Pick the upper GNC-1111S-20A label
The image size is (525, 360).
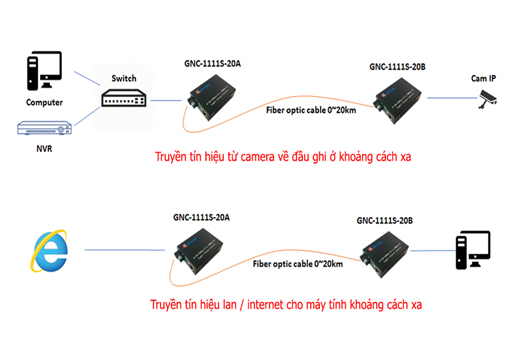coord(213,62)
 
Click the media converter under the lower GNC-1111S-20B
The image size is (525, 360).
coord(385,251)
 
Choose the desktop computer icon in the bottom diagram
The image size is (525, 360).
coord(469,250)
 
